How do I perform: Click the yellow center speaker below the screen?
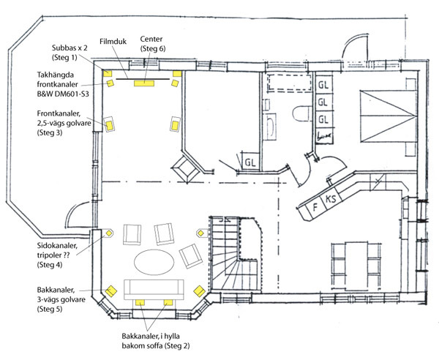pos(144,83)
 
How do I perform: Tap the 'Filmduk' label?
pos(113,42)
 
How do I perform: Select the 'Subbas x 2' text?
pos(70,48)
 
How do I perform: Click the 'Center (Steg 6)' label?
pos(153,44)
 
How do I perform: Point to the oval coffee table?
pos(154,262)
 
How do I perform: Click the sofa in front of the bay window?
pos(154,290)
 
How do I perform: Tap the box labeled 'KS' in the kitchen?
pos(332,198)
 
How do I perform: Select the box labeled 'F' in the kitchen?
pos(315,207)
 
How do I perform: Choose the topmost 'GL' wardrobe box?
pos(324,85)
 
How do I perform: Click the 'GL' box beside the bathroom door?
pos(250,162)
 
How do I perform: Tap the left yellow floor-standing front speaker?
pos(109,125)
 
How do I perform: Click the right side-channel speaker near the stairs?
pos(200,233)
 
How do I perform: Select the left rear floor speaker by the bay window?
pos(111,291)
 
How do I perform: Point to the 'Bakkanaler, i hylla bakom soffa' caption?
pos(156,341)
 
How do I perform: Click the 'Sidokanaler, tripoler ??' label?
pos(57,250)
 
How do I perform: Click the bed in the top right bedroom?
pos(388,116)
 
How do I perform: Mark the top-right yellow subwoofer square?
pos(177,74)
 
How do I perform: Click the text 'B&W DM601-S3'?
pos(63,94)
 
